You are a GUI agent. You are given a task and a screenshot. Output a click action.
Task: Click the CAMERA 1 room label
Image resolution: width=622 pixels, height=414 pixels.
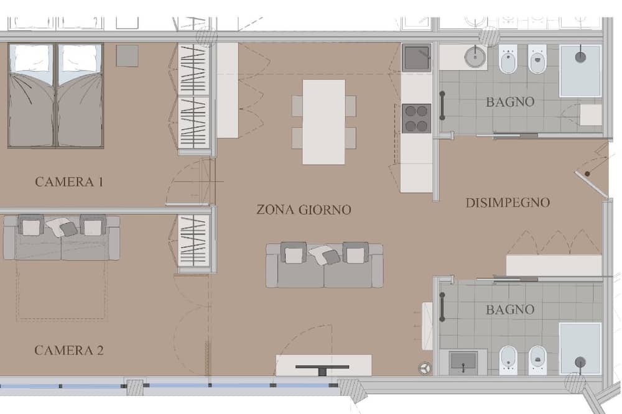(69, 182)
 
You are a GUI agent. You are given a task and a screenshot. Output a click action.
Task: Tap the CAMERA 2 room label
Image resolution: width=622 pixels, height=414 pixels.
(69, 351)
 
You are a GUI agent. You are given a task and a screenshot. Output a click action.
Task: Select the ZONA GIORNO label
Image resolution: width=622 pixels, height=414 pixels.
(304, 209)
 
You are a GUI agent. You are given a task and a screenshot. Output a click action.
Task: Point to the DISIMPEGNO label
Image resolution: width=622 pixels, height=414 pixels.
(508, 203)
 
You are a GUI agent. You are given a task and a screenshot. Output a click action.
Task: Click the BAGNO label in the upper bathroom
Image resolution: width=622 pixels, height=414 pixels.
(510, 102)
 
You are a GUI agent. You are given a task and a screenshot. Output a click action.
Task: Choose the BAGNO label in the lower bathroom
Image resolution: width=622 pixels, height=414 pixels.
(510, 310)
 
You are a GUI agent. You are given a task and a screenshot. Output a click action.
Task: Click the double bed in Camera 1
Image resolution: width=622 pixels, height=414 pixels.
(56, 96)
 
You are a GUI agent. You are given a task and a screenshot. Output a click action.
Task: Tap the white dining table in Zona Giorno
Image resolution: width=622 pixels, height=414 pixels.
(323, 122)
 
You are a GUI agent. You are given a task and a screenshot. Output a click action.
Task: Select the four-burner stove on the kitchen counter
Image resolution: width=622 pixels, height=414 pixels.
(417, 118)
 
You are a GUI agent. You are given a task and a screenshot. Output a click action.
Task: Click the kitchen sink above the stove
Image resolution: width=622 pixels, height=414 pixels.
(417, 57)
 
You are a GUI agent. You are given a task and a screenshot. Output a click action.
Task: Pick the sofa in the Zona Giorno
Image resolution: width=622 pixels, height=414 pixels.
(325, 265)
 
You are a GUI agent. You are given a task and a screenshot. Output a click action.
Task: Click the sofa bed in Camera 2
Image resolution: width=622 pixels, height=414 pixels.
(62, 237)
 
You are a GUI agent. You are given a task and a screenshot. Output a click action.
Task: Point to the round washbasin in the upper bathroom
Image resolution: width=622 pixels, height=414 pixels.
(475, 57)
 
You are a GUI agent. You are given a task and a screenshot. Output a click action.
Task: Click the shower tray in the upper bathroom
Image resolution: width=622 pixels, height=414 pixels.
(580, 71)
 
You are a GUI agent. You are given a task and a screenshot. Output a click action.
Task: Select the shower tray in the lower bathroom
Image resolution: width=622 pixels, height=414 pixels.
(580, 349)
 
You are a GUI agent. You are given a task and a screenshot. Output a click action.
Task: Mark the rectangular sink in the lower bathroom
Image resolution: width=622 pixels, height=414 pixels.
(463, 362)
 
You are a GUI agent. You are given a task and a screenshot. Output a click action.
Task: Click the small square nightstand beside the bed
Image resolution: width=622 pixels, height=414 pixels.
(128, 56)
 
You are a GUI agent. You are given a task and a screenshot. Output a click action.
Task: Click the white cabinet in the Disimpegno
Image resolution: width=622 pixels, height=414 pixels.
(554, 265)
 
